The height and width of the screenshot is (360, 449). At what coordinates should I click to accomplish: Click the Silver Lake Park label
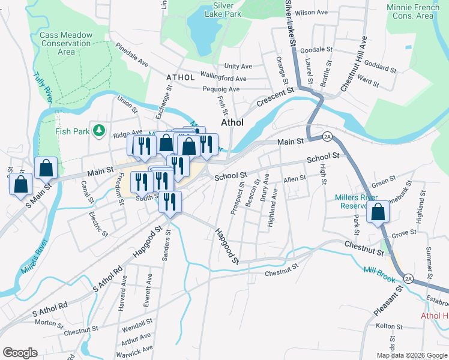(218, 10)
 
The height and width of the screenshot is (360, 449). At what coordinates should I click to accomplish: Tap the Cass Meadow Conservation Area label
(66, 43)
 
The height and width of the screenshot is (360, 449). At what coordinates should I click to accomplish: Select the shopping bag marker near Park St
(378, 212)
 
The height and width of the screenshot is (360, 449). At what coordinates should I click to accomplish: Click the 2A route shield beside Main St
(327, 136)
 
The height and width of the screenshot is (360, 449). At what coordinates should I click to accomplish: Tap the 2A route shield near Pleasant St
(408, 278)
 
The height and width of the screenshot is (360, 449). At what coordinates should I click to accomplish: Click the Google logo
(20, 353)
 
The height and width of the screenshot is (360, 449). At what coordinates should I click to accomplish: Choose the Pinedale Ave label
(132, 54)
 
